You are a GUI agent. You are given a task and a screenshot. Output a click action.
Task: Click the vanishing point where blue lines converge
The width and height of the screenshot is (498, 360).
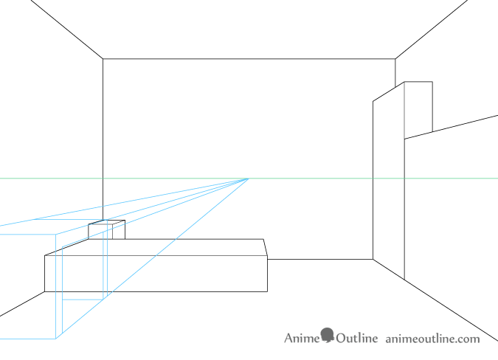point(249,179)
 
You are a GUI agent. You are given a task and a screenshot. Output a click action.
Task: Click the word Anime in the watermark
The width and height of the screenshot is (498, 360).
point(302,338)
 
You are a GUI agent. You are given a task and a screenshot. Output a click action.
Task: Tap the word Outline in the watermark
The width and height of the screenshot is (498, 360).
point(357,338)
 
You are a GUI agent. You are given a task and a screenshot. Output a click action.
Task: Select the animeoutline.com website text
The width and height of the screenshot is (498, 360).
point(432,339)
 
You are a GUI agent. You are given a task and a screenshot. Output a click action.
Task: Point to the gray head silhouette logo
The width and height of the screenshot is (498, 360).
point(327,335)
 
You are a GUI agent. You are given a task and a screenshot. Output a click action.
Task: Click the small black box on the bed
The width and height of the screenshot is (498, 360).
point(107,229)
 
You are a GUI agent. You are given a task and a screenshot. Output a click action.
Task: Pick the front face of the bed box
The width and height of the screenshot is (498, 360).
point(156,274)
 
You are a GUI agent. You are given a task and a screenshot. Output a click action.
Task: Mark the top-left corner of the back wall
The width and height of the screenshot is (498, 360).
point(103,59)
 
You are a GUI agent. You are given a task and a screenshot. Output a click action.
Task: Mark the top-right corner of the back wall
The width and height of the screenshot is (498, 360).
point(395,59)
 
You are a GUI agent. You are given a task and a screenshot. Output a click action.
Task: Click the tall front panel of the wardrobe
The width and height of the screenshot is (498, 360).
point(388,181)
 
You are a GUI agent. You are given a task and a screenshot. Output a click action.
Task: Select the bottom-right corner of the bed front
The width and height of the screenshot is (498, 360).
point(267,291)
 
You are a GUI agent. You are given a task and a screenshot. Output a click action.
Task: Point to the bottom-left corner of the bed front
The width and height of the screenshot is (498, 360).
point(45,291)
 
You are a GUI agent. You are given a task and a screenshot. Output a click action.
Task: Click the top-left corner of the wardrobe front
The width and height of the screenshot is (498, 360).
point(373,101)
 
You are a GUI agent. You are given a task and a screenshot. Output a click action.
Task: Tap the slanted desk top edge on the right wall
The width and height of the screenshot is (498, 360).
point(451,127)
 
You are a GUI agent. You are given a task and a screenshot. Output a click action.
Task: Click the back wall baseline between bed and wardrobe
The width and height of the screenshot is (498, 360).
point(320,259)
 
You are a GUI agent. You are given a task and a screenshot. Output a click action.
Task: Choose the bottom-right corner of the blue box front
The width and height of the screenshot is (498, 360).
point(56,339)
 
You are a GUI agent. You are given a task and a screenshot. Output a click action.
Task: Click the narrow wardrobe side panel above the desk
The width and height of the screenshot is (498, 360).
point(418,109)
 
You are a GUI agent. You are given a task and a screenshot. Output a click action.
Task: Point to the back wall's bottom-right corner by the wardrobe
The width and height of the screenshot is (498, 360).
point(373,259)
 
